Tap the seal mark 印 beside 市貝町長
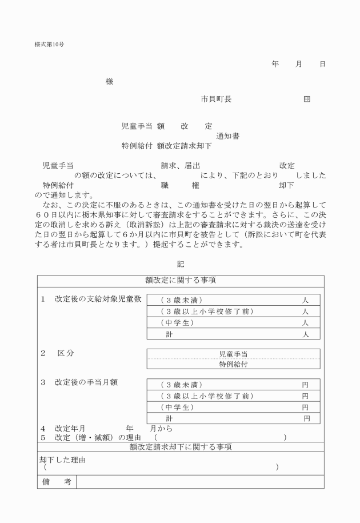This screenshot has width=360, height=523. [x=307, y=99]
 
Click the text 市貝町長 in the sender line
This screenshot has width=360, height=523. [x=215, y=99]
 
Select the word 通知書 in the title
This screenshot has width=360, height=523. [x=228, y=136]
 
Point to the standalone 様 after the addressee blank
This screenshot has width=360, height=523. [x=109, y=82]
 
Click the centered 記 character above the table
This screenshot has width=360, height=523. [x=181, y=264]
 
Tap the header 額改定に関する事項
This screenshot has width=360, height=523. [x=180, y=281]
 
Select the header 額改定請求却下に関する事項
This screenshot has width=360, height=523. [x=180, y=447]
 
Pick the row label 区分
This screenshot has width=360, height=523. [x=66, y=353]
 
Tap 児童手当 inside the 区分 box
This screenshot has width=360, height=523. [x=233, y=354]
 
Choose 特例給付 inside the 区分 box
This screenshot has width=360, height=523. [x=233, y=364]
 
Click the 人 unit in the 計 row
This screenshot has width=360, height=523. [x=306, y=334]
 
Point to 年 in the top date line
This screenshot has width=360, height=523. [x=275, y=64]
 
